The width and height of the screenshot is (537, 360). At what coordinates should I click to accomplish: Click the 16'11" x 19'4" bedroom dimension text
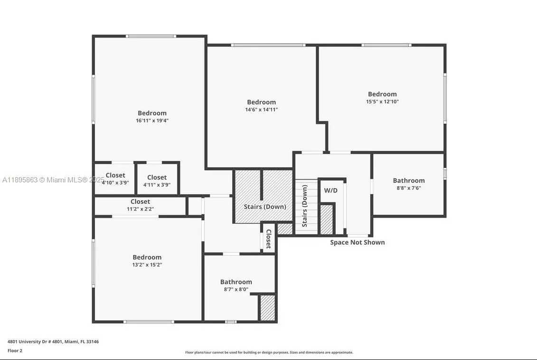(x=152, y=121)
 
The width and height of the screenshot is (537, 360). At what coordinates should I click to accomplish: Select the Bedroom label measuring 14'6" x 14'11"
(x=261, y=102)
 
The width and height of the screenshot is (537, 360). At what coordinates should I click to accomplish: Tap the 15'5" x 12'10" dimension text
(x=382, y=102)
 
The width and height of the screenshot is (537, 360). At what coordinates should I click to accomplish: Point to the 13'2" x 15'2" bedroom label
(x=147, y=257)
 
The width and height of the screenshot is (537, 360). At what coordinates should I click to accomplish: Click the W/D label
(x=330, y=190)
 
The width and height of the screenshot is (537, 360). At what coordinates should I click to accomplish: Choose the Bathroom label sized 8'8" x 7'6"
(x=408, y=180)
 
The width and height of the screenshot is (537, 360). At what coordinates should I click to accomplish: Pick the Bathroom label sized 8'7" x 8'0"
(x=236, y=282)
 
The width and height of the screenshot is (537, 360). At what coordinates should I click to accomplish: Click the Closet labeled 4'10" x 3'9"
(x=115, y=175)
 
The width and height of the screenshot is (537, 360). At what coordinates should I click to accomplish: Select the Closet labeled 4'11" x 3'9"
(x=157, y=178)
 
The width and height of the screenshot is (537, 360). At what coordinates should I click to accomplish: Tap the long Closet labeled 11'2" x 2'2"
(x=140, y=202)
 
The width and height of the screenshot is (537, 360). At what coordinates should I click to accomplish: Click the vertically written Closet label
(x=268, y=238)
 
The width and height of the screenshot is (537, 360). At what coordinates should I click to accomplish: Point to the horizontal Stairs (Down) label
(x=264, y=207)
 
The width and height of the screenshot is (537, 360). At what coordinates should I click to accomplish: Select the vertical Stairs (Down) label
(x=305, y=206)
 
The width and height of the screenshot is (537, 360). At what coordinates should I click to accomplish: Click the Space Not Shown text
(x=357, y=242)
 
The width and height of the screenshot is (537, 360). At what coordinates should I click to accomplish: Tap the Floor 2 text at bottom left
(x=15, y=351)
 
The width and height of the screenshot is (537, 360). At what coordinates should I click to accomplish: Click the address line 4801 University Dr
(x=53, y=341)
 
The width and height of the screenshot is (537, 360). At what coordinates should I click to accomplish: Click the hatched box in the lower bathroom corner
(x=267, y=308)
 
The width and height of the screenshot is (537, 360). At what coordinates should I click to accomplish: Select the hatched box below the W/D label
(x=326, y=219)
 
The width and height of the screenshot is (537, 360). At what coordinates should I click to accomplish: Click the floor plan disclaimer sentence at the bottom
(x=269, y=352)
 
